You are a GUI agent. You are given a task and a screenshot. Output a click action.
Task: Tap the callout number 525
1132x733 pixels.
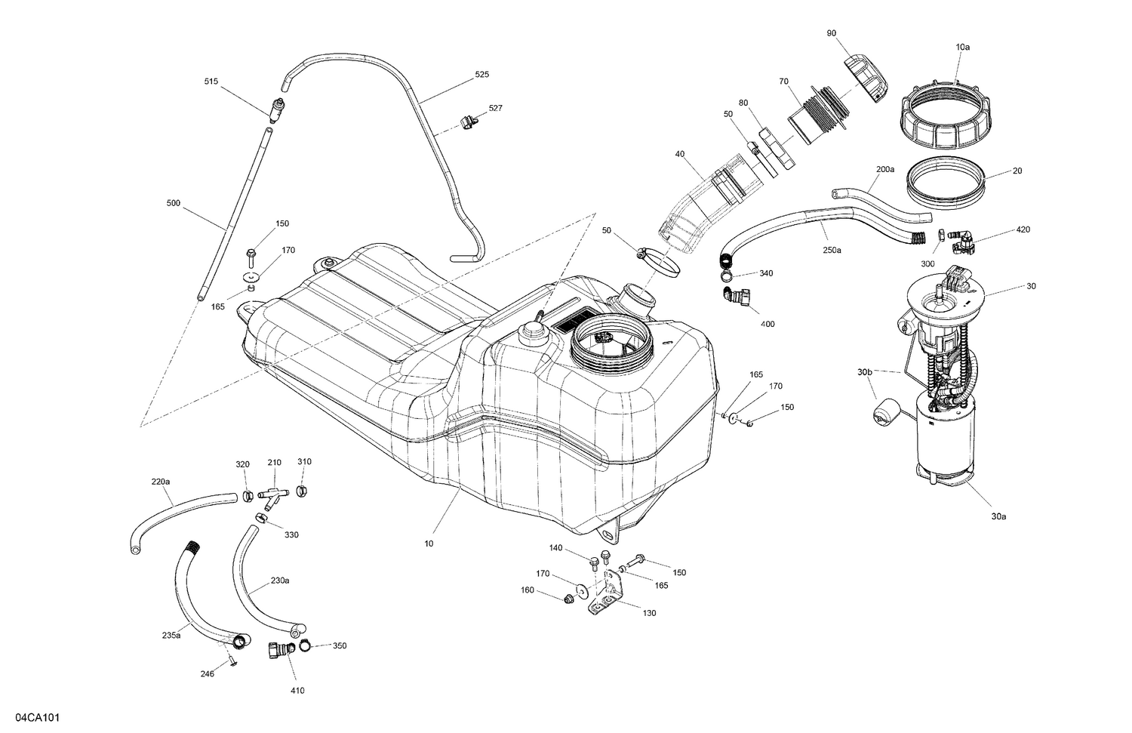(x=481, y=75)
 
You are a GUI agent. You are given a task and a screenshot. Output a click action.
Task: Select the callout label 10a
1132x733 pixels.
(x=962, y=47)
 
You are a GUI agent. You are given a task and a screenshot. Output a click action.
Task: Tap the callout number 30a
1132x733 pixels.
(x=998, y=517)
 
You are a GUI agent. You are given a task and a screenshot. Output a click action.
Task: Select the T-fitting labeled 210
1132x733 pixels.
(x=273, y=494)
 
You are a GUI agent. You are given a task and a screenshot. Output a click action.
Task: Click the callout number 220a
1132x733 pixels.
(x=160, y=481)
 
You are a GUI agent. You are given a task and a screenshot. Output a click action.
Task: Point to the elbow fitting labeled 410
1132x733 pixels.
(x=278, y=650)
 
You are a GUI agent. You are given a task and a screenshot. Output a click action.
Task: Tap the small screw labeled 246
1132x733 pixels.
(x=233, y=662)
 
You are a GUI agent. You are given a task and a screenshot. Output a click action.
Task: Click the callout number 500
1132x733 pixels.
(x=173, y=202)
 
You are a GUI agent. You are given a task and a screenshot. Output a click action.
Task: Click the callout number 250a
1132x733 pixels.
(x=832, y=250)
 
